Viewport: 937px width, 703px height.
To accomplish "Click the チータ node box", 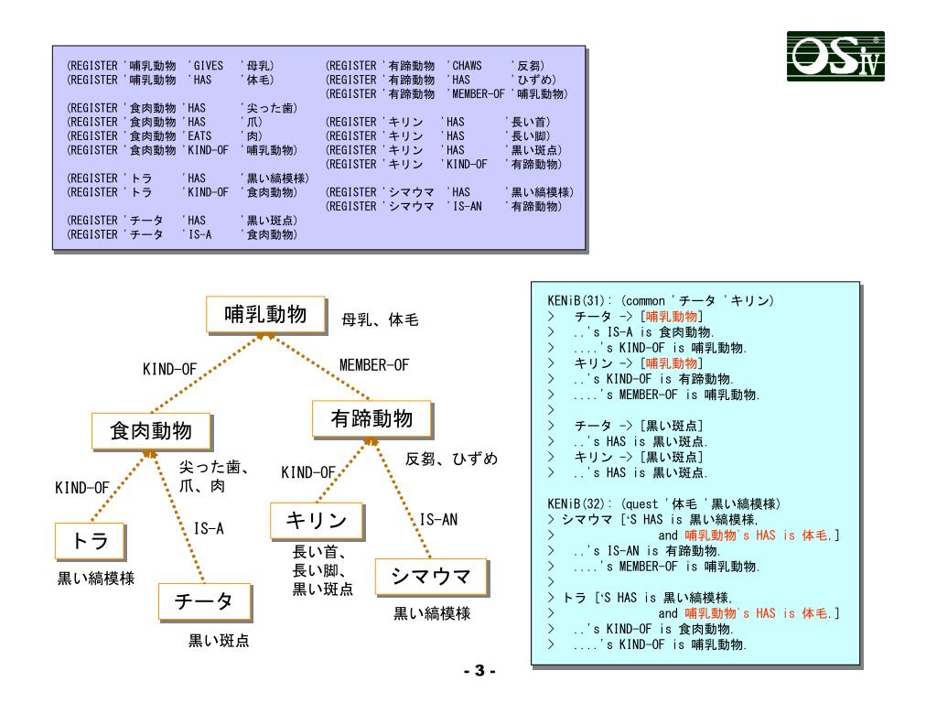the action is point(203,601).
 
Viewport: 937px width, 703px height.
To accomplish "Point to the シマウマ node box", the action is point(430,578).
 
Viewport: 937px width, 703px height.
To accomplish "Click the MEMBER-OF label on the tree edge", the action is point(374,365).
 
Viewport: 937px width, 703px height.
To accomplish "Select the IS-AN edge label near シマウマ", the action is point(438,519).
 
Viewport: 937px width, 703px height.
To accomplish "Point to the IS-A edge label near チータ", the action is point(210,528).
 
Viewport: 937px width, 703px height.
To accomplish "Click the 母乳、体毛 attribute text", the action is point(381,320).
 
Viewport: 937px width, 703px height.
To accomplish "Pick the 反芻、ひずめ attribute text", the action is point(452,458).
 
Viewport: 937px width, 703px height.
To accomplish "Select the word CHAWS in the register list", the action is point(468,67).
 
